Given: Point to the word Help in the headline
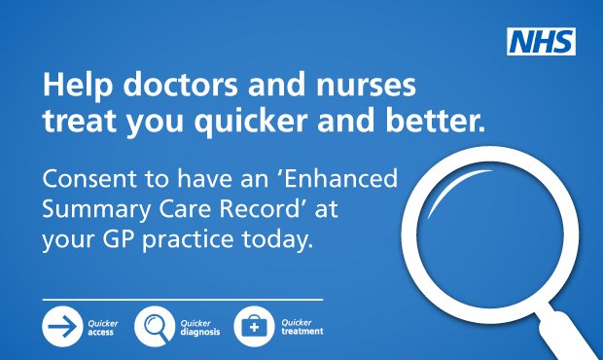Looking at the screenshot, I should pos(72,87).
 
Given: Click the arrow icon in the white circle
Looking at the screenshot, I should pos(61,327).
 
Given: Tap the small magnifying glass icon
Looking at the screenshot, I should pos(155,327).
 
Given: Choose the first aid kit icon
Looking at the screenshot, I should pos(255,327).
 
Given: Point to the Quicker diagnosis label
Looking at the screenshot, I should pos(197,327).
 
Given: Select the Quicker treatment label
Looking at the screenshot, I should pos(301,327).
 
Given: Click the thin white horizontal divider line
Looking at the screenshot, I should pos(182,298).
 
